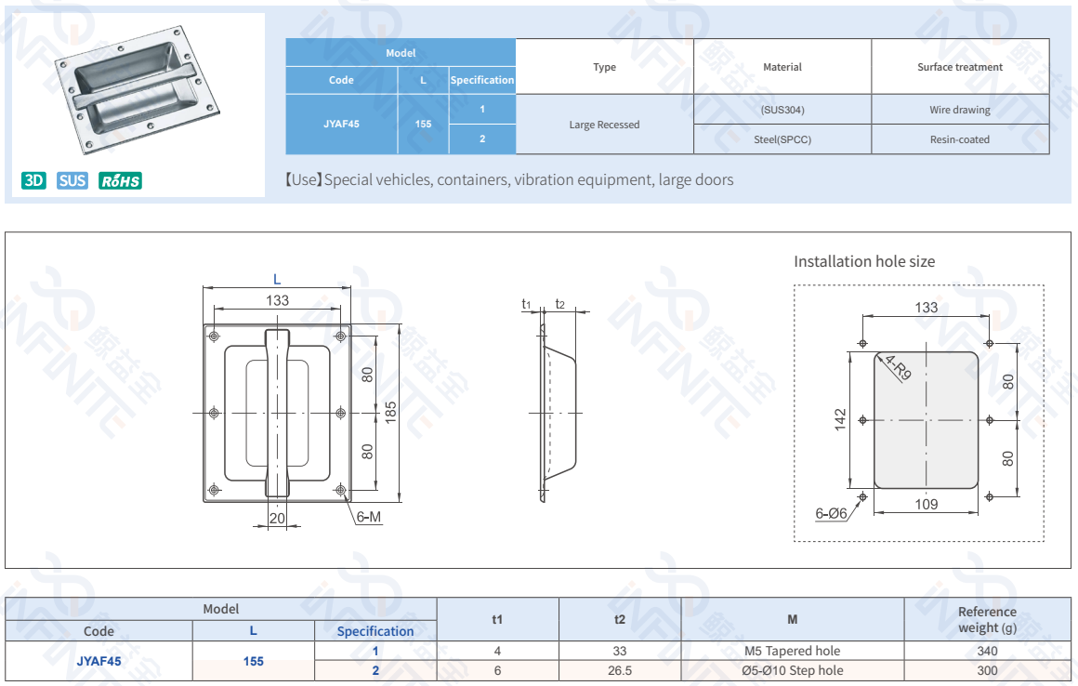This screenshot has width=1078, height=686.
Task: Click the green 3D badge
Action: click(34, 180)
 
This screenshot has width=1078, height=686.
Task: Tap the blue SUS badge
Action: click(72, 180)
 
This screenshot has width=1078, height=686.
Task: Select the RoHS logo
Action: click(120, 180)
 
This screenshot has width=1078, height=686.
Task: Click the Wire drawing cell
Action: click(960, 110)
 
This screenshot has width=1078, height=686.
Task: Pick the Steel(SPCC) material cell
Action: click(782, 139)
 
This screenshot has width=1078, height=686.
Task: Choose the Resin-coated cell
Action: click(960, 139)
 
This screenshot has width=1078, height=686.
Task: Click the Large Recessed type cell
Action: click(604, 125)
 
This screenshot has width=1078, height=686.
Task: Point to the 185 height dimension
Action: click(391, 413)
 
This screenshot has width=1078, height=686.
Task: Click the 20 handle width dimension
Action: click(277, 519)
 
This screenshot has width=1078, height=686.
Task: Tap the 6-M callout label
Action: click(369, 517)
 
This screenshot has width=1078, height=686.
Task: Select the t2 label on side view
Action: click(559, 304)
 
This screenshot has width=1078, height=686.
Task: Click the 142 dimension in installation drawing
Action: click(841, 420)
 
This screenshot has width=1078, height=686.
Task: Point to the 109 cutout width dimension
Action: click(927, 505)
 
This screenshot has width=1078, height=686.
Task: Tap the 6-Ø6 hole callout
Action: click(832, 513)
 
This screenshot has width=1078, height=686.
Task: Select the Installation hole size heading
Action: click(864, 261)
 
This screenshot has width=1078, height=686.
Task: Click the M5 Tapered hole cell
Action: click(792, 651)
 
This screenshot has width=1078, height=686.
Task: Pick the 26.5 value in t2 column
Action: click(620, 670)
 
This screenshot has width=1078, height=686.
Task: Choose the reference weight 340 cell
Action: click(987, 651)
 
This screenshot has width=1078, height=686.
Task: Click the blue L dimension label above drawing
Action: click(277, 279)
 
